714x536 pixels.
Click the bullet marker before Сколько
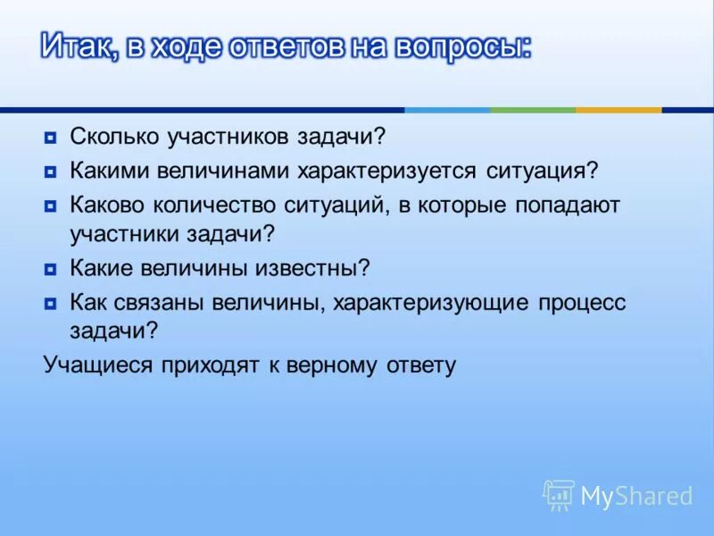[50, 138]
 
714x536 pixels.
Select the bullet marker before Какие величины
[50, 268]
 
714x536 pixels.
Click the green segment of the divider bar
[533, 110]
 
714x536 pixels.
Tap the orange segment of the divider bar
[619, 110]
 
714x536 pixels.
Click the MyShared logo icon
[559, 494]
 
